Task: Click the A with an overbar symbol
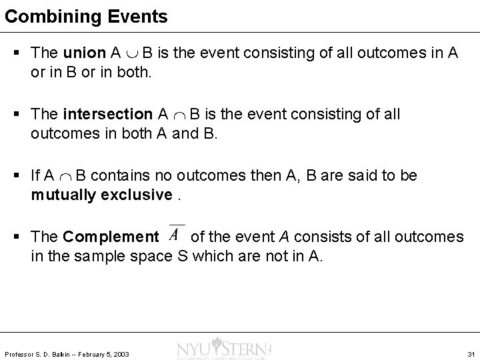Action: pos(175,235)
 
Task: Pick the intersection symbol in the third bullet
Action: pos(65,176)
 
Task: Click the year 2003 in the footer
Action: pos(121,353)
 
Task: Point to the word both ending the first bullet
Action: pos(135,72)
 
